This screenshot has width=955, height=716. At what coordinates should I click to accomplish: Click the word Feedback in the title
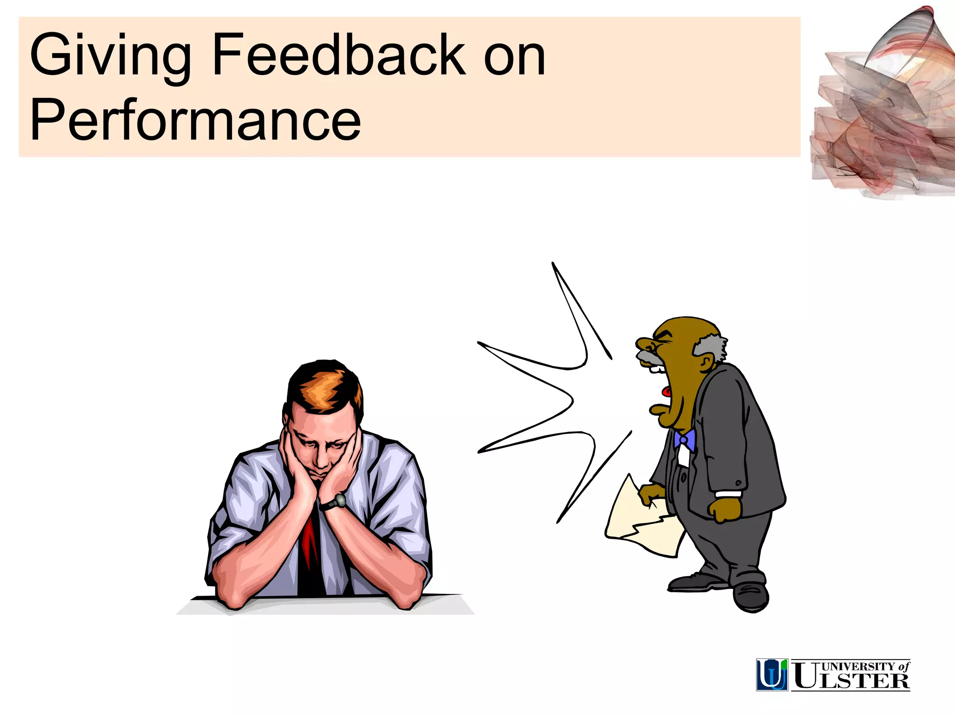[x=339, y=55]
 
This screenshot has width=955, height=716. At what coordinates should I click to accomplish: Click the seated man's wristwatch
[x=339, y=501]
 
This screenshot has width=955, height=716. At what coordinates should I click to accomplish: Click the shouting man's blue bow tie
[x=684, y=440]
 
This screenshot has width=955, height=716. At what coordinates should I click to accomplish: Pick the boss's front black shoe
[x=751, y=597]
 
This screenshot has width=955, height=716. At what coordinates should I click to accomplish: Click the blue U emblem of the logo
[x=772, y=675]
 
